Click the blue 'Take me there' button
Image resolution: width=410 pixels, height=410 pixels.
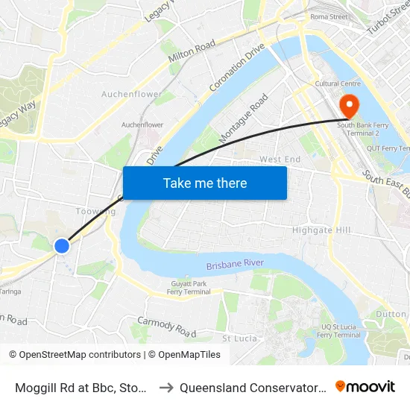tap(205, 183)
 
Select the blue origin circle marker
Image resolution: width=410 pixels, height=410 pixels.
tap(62, 245)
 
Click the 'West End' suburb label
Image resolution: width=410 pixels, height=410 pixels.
tap(280, 160)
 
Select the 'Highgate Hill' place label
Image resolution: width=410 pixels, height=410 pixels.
tap(321, 230)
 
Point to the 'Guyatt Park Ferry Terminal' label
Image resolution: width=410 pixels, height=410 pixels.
tap(188, 288)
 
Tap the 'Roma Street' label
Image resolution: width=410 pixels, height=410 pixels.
tap(329, 16)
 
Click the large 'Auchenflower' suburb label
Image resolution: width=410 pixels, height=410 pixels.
tap(132, 95)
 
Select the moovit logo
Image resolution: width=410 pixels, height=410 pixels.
tap(365, 387)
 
